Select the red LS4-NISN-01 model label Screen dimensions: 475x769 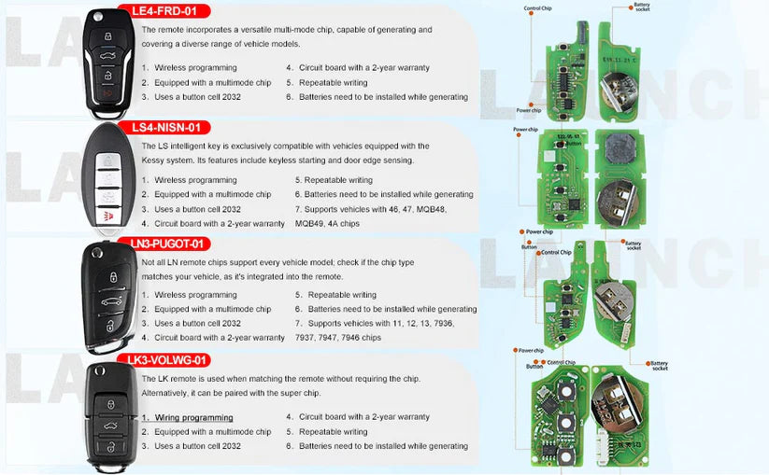(x=170, y=127)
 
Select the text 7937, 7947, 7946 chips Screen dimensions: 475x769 (x=337, y=337)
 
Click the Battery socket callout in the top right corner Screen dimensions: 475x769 (x=642, y=7)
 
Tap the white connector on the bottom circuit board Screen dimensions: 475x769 (x=614, y=447)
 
